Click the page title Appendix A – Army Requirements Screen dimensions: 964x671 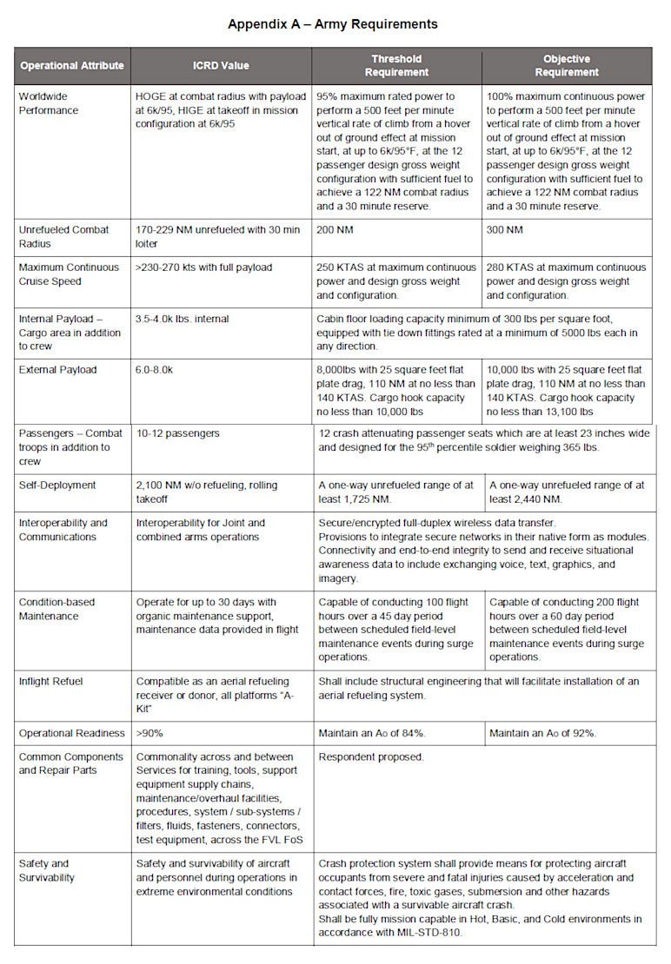(333, 23)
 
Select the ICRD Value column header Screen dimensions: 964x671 (220, 65)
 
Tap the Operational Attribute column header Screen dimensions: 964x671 (72, 65)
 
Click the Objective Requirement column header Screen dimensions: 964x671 (567, 65)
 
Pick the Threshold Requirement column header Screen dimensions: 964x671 (396, 65)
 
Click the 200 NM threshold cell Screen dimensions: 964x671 (334, 230)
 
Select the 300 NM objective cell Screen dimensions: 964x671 (505, 230)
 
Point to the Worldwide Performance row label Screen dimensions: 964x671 (49, 103)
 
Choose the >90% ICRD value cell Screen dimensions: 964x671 (150, 733)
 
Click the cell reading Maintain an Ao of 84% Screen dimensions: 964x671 (372, 733)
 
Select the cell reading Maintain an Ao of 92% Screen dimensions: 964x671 (543, 733)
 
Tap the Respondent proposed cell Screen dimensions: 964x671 (371, 756)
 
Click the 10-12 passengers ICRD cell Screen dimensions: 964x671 (177, 432)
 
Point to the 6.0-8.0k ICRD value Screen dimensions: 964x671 (155, 369)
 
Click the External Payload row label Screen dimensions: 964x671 (58, 369)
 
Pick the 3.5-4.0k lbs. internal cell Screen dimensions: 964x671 (183, 319)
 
